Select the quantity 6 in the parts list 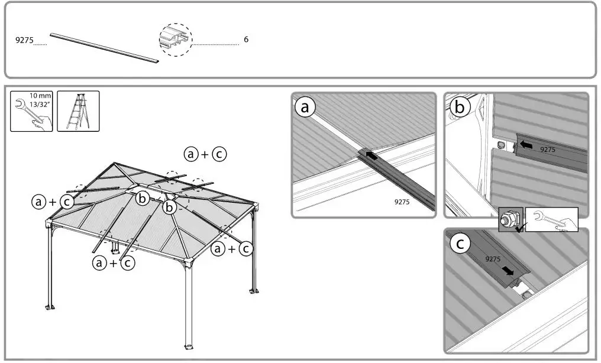246,40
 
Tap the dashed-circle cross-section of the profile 176,40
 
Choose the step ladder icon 77,111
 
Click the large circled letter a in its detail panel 305,108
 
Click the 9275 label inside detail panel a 402,202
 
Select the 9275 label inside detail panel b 548,150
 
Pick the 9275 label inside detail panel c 493,259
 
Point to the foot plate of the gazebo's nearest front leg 189,346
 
